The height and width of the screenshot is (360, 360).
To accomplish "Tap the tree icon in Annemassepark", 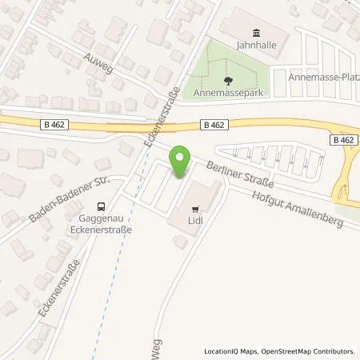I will pos(227,80).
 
